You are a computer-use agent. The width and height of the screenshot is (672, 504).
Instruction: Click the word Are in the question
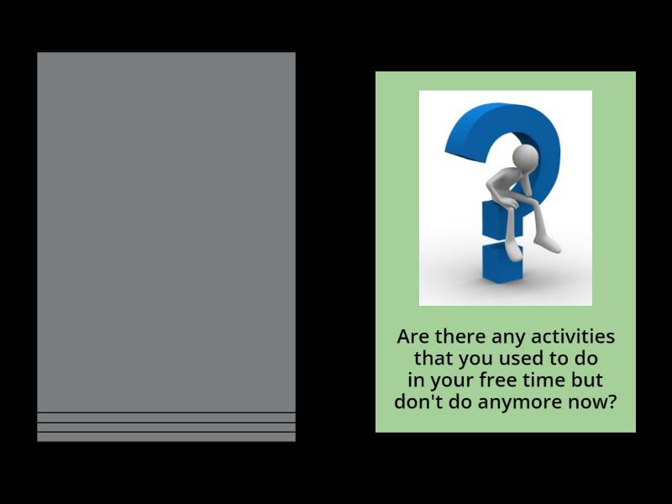[x=412, y=337]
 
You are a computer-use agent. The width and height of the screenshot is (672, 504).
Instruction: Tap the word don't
[x=417, y=402]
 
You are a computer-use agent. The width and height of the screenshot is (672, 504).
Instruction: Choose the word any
[x=505, y=337]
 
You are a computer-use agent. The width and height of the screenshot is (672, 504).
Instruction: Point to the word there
[x=459, y=337]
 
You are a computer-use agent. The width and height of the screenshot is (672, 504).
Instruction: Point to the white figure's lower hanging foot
[x=547, y=244]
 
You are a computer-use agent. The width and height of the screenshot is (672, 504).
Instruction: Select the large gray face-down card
[x=166, y=235]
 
